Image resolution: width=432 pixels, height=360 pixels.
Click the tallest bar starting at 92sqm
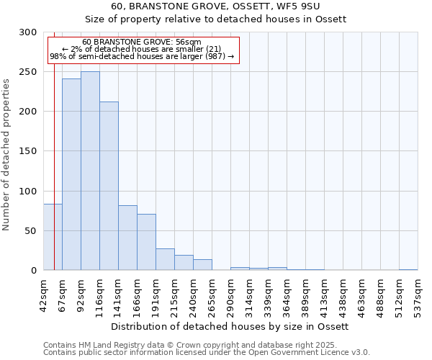pos(90,171)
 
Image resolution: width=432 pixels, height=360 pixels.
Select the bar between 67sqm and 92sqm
pos(71,174)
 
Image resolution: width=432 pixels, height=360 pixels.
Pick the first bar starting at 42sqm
pos(53,237)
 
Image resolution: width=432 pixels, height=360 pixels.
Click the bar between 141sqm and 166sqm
pos(127,238)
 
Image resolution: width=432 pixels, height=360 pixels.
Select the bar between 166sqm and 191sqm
pos(146,242)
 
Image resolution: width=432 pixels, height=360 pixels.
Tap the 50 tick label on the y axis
pos(31,231)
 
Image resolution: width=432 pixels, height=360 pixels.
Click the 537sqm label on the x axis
pos(418,294)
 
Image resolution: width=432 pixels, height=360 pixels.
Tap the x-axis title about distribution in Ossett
pos(230,326)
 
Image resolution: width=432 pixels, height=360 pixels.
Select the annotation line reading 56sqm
pos(141,42)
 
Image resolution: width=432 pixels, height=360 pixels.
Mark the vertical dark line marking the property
pos(55,158)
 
